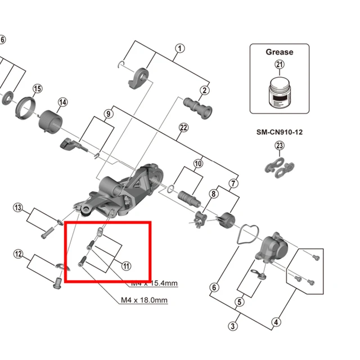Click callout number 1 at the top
click(179, 48)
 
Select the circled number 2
click(204, 91)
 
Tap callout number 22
click(183, 128)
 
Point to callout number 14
click(62, 102)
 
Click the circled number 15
click(38, 89)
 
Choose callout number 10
click(198, 164)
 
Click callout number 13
click(19, 209)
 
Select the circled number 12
click(19, 254)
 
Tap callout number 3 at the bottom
click(233, 326)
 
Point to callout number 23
click(280, 146)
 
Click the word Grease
click(280, 52)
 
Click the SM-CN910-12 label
click(280, 133)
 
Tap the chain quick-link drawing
click(280, 166)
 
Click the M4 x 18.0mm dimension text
click(145, 300)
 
